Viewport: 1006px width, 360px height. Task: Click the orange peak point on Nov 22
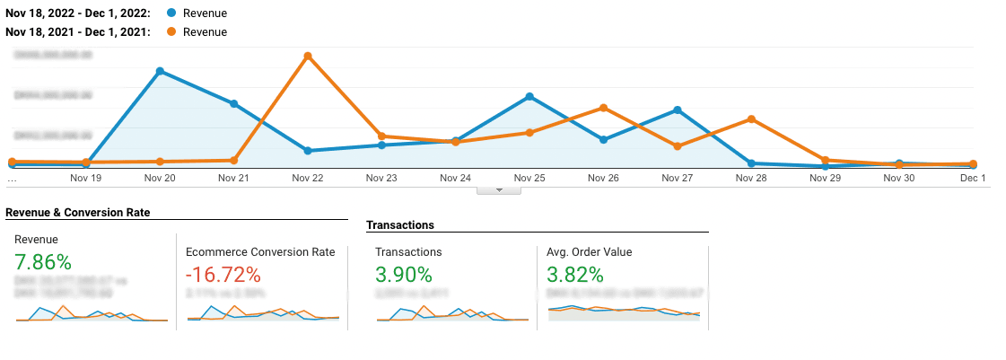coord(308,56)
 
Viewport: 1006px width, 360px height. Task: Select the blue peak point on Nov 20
coord(160,71)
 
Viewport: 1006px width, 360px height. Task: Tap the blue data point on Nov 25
coord(529,96)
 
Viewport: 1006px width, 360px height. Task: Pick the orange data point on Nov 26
coord(603,108)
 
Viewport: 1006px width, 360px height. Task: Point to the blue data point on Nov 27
coord(677,110)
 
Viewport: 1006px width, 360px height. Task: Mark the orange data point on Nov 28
coord(751,119)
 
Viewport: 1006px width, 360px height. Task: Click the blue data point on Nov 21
coord(234,104)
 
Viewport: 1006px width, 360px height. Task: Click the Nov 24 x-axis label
coord(455,178)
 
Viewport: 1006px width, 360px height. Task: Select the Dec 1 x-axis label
coord(973,178)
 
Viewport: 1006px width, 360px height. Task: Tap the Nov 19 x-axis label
coord(85,178)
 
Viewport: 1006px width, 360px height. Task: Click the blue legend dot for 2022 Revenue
coord(171,14)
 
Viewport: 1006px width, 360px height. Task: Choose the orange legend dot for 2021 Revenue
coord(171,32)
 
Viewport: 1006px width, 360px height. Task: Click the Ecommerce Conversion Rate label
coord(260,252)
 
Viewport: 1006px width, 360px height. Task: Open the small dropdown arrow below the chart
coord(501,189)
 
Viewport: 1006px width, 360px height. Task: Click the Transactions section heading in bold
coord(400,225)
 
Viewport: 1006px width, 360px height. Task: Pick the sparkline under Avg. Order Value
coord(623,311)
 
